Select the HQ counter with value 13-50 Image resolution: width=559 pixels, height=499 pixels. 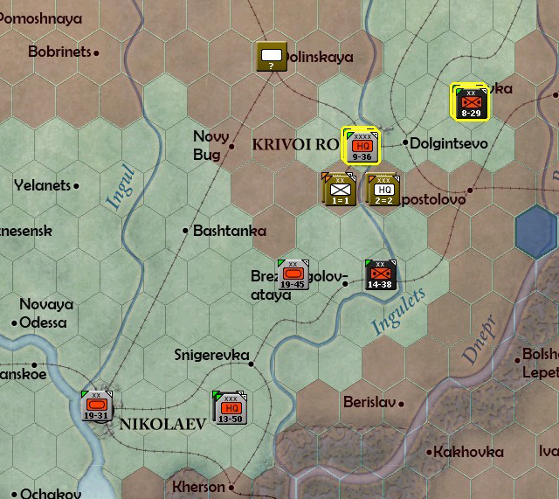point(231,407)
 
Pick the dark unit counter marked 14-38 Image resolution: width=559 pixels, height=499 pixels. point(381,275)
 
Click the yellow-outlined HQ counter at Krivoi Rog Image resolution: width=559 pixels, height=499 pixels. point(362,145)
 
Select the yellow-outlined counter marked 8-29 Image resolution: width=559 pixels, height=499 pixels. point(470,101)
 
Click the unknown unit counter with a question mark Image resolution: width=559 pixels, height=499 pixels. point(272,57)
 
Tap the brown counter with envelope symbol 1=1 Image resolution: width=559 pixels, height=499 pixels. point(340,189)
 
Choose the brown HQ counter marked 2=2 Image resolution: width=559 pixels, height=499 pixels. point(383,189)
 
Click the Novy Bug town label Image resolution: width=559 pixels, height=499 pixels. point(210,145)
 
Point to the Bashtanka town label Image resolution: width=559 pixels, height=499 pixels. point(229,231)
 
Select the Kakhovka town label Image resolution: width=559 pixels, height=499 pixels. point(469,452)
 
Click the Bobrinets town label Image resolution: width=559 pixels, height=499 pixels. point(59,52)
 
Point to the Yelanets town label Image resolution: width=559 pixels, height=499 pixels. point(42,185)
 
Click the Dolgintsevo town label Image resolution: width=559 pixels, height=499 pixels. point(449,142)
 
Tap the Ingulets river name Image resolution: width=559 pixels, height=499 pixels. point(398,311)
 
